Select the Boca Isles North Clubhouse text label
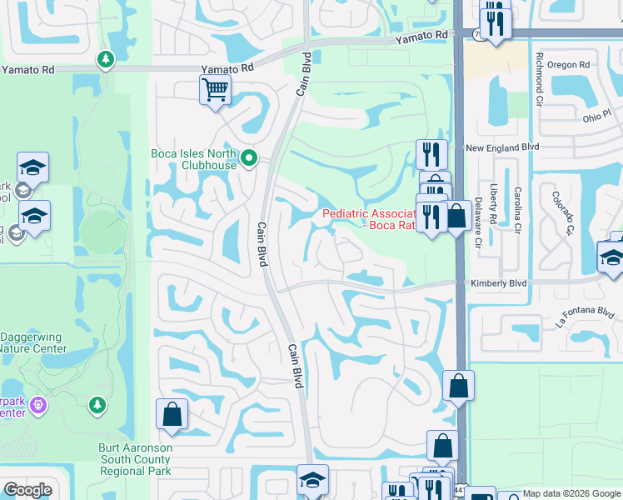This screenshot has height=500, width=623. (x=193, y=158)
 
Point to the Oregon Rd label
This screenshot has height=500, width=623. (x=569, y=64)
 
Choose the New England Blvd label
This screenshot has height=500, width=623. (x=502, y=147)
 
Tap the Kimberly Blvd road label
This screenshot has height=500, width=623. (x=499, y=283)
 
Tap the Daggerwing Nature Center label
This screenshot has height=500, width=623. (x=33, y=343)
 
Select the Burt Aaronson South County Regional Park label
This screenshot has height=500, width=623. (x=136, y=459)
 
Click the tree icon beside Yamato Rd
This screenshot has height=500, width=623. (x=105, y=59)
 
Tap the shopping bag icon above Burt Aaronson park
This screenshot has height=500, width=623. (x=172, y=413)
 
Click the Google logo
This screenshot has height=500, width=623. (x=27, y=490)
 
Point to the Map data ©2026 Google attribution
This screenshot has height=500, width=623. (x=571, y=493)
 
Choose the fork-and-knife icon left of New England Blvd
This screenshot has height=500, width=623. (x=431, y=153)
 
